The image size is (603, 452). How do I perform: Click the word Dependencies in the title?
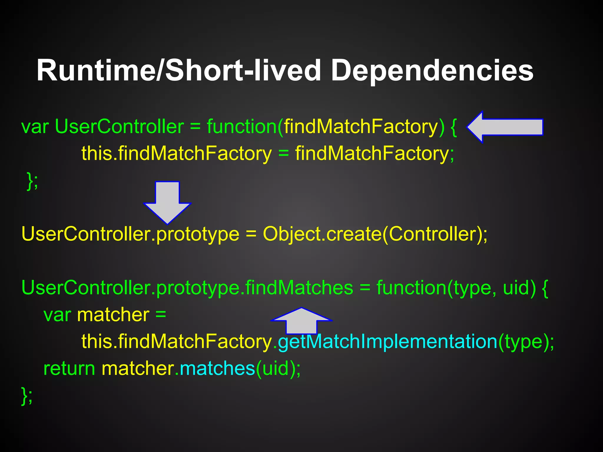click(x=432, y=71)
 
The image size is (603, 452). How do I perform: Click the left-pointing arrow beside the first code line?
click(x=505, y=127)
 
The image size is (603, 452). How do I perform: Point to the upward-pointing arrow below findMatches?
click(x=301, y=321)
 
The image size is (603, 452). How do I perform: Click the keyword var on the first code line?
click(x=35, y=127)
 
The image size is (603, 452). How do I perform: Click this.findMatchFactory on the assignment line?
click(x=176, y=154)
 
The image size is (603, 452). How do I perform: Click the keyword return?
click(x=69, y=368)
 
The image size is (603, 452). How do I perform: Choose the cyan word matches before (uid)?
click(x=217, y=368)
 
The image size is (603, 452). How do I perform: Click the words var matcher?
click(x=97, y=315)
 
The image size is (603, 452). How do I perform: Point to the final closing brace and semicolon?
click(x=27, y=396)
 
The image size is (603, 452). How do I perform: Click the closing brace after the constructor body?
click(x=32, y=181)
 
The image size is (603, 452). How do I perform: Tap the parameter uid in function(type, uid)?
click(x=515, y=288)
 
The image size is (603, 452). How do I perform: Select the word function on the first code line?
click(x=241, y=127)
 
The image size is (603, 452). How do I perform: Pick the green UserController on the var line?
click(x=119, y=127)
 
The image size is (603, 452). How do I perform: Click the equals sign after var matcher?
click(x=161, y=315)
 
